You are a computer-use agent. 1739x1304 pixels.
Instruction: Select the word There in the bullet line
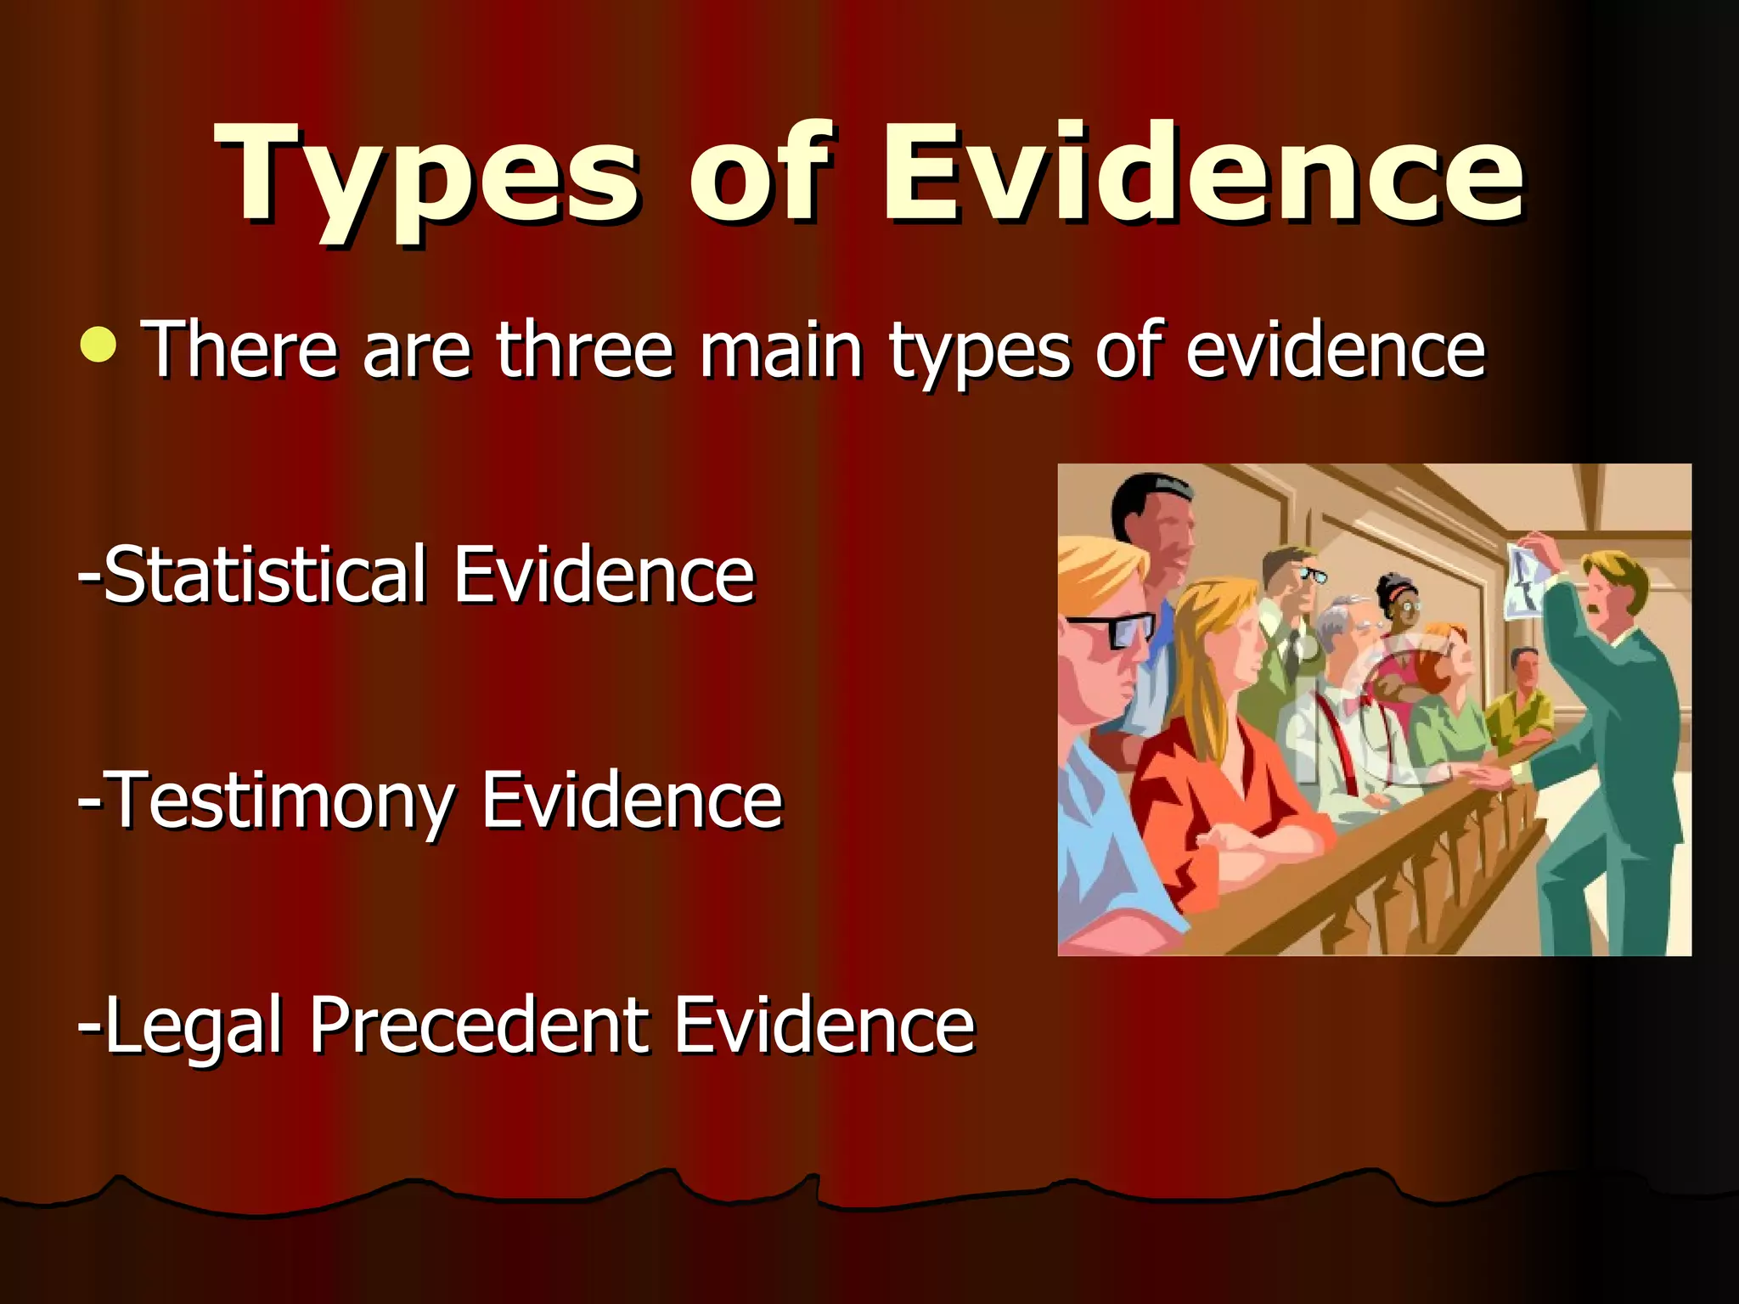click(x=242, y=350)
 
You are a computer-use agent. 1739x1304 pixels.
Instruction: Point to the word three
click(x=585, y=350)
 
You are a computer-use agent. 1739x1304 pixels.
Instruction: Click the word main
click(x=781, y=350)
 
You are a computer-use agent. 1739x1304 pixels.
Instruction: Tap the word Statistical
click(x=264, y=576)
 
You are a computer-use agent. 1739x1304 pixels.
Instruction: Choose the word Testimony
click(x=280, y=801)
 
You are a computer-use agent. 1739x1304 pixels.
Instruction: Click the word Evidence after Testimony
click(x=632, y=801)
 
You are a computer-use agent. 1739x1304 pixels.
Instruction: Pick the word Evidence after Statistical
click(x=604, y=576)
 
